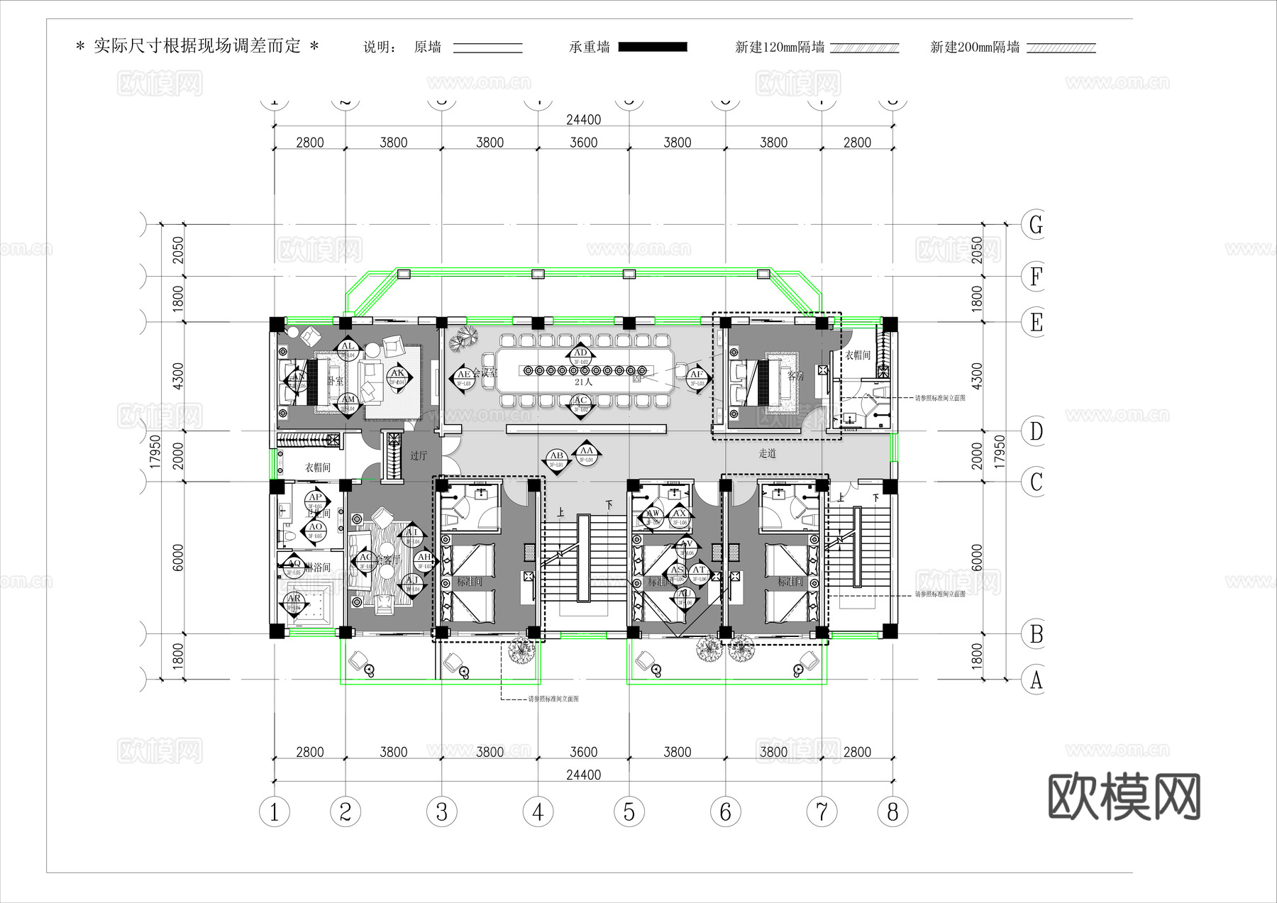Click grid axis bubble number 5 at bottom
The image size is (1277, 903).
tap(629, 811)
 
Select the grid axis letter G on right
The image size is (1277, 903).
tap(1036, 225)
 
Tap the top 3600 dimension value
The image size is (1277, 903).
tap(583, 143)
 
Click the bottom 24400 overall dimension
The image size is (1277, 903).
tap(583, 775)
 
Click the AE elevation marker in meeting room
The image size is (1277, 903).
tap(464, 377)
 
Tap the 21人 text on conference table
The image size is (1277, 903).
tap(582, 382)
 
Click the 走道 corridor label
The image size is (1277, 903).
tap(768, 453)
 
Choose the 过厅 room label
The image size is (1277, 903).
tap(419, 455)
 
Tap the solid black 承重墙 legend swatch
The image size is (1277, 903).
tap(653, 47)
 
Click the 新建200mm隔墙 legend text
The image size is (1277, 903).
tap(975, 47)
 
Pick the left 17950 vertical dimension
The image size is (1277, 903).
tap(155, 451)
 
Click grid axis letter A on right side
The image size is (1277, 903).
tap(1036, 680)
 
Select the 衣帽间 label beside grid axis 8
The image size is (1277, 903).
tap(857, 355)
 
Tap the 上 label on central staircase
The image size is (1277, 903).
tap(560, 511)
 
